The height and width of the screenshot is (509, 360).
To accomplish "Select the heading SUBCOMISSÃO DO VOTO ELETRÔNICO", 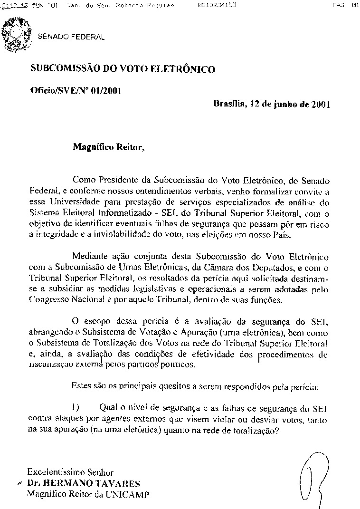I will click(123, 69).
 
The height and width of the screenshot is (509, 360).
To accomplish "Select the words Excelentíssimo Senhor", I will click(70, 473).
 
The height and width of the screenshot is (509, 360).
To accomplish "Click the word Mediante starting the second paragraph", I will click(91, 257).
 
